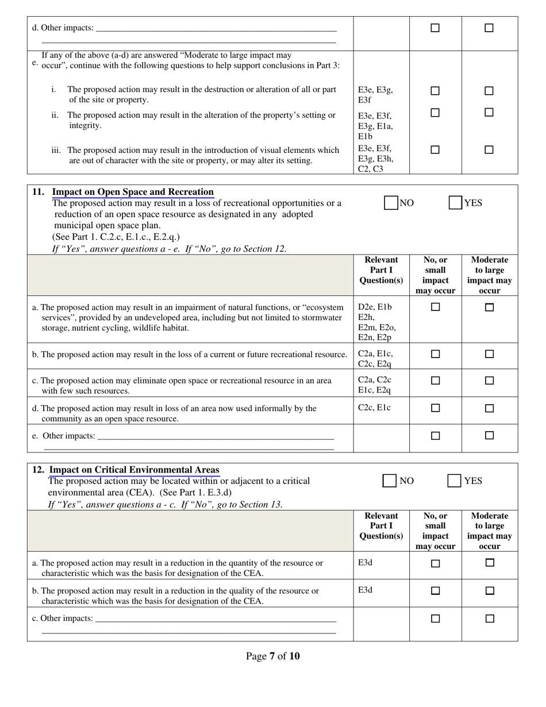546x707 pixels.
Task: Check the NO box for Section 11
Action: click(391, 203)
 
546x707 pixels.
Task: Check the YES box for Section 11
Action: click(455, 203)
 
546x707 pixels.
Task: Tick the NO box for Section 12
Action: click(390, 481)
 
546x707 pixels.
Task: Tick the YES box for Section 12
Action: click(454, 481)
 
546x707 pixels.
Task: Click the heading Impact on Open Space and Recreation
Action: click(133, 192)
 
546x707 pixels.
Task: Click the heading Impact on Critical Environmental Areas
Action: click(134, 470)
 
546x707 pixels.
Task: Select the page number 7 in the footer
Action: click(271, 656)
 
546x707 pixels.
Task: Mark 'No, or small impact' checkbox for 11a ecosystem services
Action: click(435, 308)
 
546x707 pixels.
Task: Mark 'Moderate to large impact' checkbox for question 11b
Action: click(489, 354)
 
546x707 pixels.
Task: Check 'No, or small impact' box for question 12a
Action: click(435, 564)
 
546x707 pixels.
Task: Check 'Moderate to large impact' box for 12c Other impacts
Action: click(490, 619)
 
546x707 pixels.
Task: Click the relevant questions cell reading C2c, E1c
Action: click(374, 408)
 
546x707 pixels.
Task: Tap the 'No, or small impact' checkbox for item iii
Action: click(435, 150)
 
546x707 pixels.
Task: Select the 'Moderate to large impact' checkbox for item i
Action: click(489, 91)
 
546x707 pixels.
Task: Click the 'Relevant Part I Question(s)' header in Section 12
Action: click(381, 526)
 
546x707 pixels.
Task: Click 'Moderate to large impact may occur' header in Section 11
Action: click(489, 275)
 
